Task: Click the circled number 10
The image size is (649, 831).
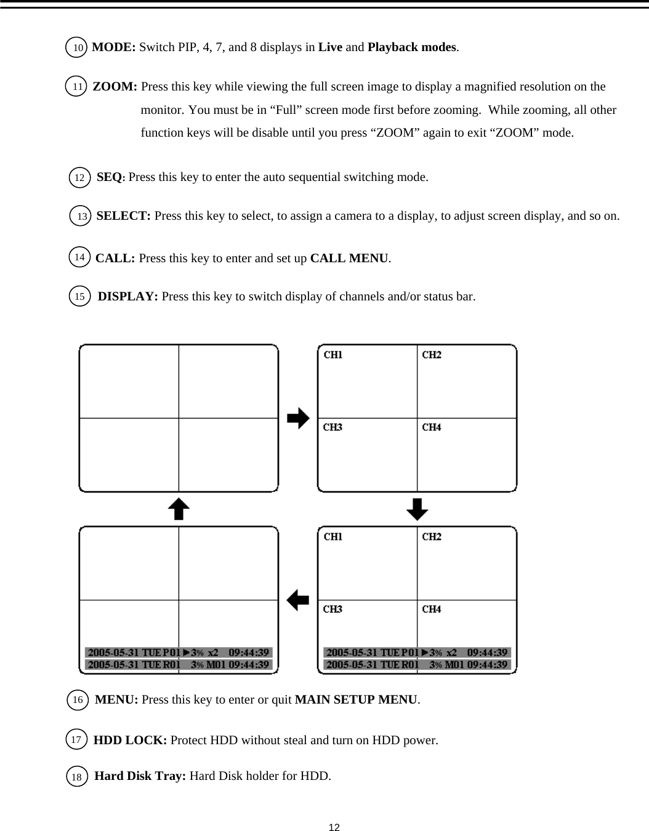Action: (76, 47)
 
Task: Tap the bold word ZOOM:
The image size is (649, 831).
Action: (115, 87)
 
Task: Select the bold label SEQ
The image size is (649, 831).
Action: (109, 177)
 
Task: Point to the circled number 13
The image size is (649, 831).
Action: (81, 216)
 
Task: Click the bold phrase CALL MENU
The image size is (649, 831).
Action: (349, 258)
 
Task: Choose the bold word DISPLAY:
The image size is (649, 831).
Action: (128, 297)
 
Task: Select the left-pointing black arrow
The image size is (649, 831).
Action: (298, 600)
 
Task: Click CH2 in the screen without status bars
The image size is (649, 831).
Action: (431, 355)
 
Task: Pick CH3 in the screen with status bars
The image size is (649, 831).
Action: (333, 609)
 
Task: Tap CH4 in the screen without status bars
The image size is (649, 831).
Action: (431, 427)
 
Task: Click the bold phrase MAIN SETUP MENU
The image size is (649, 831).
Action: (357, 700)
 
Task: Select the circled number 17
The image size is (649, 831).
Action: (76, 739)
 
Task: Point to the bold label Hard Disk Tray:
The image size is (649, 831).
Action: (140, 776)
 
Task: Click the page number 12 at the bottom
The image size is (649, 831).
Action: (334, 826)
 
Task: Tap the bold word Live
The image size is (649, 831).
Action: (330, 47)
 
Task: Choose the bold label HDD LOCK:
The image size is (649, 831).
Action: (130, 740)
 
